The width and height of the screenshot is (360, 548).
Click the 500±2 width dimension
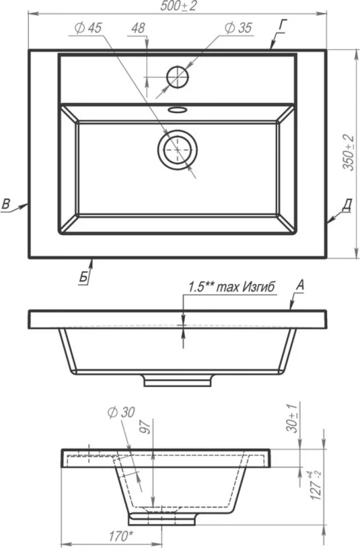tap(178, 6)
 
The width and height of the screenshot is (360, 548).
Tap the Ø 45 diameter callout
tap(88, 28)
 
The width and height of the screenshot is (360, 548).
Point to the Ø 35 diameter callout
tap(238, 28)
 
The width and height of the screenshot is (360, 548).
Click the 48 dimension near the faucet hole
tap(138, 28)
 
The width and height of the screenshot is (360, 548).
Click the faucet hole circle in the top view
tap(177, 76)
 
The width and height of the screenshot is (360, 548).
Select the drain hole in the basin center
tap(177, 150)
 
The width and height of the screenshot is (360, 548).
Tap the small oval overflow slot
tap(177, 110)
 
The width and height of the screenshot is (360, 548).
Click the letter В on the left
tap(6, 204)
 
